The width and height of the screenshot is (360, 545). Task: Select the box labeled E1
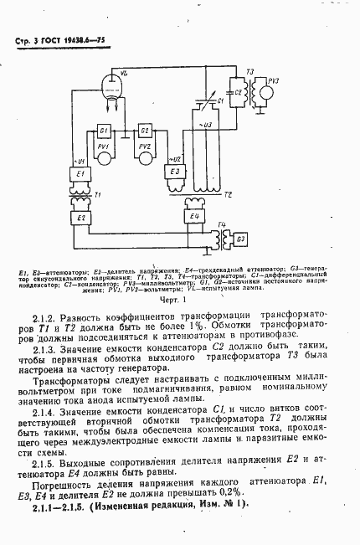pos(81,173)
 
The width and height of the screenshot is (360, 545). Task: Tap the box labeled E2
pos(81,218)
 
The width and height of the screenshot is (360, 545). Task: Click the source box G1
pos(105,132)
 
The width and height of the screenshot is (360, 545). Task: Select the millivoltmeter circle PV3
pos(273,90)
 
